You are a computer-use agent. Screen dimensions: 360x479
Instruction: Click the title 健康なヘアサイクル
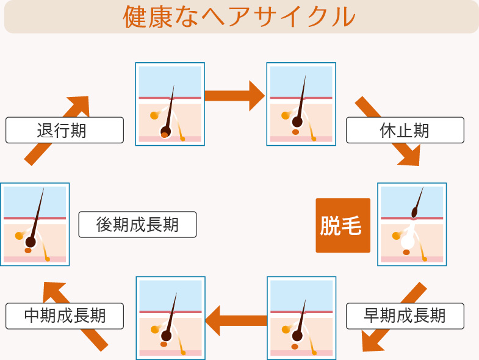click(239, 17)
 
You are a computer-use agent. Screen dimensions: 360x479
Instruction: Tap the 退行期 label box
click(65, 130)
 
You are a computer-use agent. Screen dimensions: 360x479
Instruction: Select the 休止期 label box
click(405, 130)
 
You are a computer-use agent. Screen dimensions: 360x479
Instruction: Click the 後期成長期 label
click(137, 225)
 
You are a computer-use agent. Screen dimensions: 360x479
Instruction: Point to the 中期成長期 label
click(65, 316)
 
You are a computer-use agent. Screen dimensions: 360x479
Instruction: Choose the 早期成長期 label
click(405, 316)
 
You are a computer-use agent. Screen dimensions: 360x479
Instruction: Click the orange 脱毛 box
click(342, 225)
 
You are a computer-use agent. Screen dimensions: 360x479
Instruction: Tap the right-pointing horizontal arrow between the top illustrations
click(234, 96)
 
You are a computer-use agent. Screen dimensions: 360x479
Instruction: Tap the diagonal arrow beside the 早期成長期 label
click(391, 318)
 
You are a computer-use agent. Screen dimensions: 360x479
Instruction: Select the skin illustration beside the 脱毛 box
click(412, 225)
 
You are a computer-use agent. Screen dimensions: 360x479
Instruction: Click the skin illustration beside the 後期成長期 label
click(35, 225)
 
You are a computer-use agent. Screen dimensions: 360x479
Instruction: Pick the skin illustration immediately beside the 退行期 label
click(170, 104)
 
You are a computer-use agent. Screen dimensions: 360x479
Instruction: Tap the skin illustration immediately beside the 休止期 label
click(301, 104)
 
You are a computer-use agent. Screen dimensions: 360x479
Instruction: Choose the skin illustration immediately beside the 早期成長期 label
click(301, 318)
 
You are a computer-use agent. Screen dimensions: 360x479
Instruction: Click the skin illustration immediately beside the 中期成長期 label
click(170, 318)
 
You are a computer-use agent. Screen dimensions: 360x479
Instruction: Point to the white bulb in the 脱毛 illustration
click(408, 242)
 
